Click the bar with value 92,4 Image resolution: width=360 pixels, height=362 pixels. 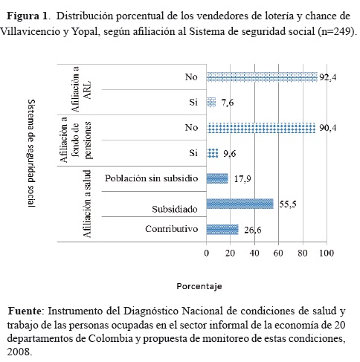point(262,77)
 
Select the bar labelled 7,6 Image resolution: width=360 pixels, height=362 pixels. point(211,103)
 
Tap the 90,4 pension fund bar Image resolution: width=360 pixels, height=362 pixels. point(261,128)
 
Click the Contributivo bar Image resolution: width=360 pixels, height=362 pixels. point(222,229)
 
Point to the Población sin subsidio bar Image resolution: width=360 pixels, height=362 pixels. point(217,178)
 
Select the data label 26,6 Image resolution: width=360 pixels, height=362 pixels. point(251,230)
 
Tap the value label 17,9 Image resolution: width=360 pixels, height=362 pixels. point(241,179)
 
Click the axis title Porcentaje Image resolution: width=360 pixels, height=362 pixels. point(199,285)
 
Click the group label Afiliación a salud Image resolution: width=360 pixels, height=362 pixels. point(87,203)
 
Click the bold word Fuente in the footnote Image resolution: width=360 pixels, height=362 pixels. point(27,309)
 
